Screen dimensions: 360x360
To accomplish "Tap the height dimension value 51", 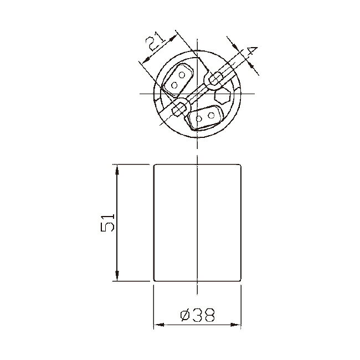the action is [x=107, y=223].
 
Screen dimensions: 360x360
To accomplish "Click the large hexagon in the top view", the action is [x=223, y=95].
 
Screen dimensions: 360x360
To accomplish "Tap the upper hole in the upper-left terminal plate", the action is [x=182, y=75].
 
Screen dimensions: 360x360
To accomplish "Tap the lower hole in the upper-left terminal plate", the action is [x=174, y=85].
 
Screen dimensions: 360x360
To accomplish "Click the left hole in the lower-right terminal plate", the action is [x=199, y=119].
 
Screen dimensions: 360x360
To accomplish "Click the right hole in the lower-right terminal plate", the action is [x=211, y=115].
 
